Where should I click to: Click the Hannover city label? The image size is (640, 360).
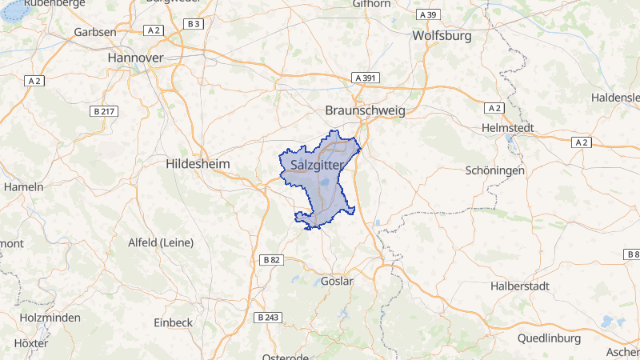135,58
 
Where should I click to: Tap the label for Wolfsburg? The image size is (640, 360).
442,35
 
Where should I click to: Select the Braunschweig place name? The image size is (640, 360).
366,110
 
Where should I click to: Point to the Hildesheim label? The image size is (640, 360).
198,163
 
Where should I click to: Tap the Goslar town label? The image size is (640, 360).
336,281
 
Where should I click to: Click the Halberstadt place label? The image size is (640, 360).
521,286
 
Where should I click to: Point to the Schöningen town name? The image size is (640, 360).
495,170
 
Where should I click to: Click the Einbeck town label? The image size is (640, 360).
173,322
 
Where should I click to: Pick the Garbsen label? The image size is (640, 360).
94,32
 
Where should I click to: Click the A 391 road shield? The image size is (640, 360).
366,78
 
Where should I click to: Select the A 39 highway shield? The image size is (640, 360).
428,15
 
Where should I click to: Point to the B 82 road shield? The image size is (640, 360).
271,260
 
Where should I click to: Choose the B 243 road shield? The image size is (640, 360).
268,318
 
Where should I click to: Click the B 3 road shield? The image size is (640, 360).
194,25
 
